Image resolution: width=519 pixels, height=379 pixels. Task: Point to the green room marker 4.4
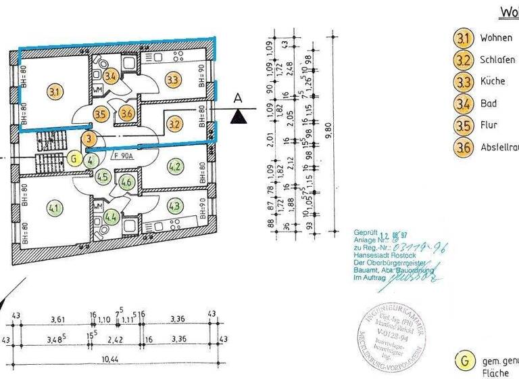112,218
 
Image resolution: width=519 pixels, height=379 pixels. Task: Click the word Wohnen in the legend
496,38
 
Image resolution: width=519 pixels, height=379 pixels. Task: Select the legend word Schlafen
498,60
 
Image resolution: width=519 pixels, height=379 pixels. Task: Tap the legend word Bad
488,104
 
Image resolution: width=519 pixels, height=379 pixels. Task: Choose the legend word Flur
489,125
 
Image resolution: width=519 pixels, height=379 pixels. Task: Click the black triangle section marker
237,117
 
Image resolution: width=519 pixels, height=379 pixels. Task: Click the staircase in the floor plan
49,163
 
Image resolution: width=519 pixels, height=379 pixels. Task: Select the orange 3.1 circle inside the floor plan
55,90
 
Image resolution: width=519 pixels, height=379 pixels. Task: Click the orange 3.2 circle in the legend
463,60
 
